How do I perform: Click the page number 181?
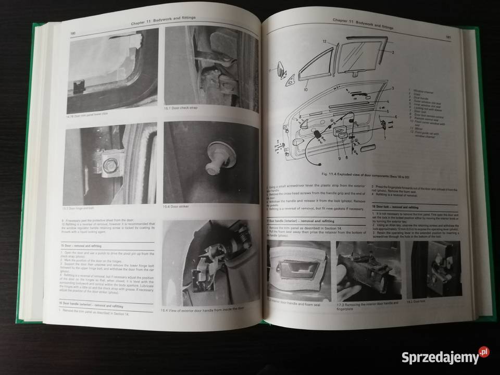[448, 37]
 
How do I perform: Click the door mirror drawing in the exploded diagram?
[280, 67]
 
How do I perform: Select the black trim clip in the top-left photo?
[78, 85]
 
